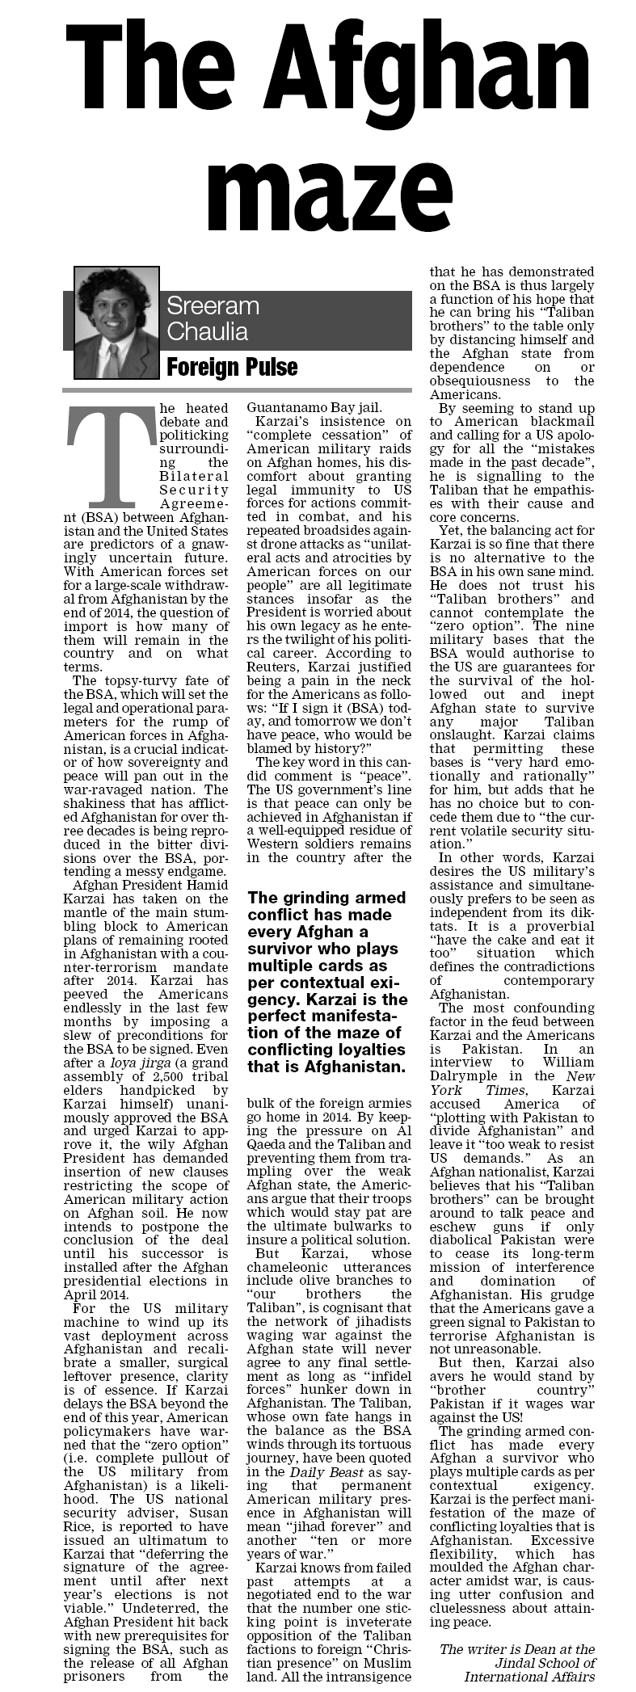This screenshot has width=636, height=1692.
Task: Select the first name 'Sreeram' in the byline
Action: tap(213, 306)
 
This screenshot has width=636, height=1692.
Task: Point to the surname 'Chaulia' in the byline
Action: tap(208, 331)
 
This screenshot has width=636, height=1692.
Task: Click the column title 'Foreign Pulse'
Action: tap(232, 368)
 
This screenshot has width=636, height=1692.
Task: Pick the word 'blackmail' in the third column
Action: tap(560, 422)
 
